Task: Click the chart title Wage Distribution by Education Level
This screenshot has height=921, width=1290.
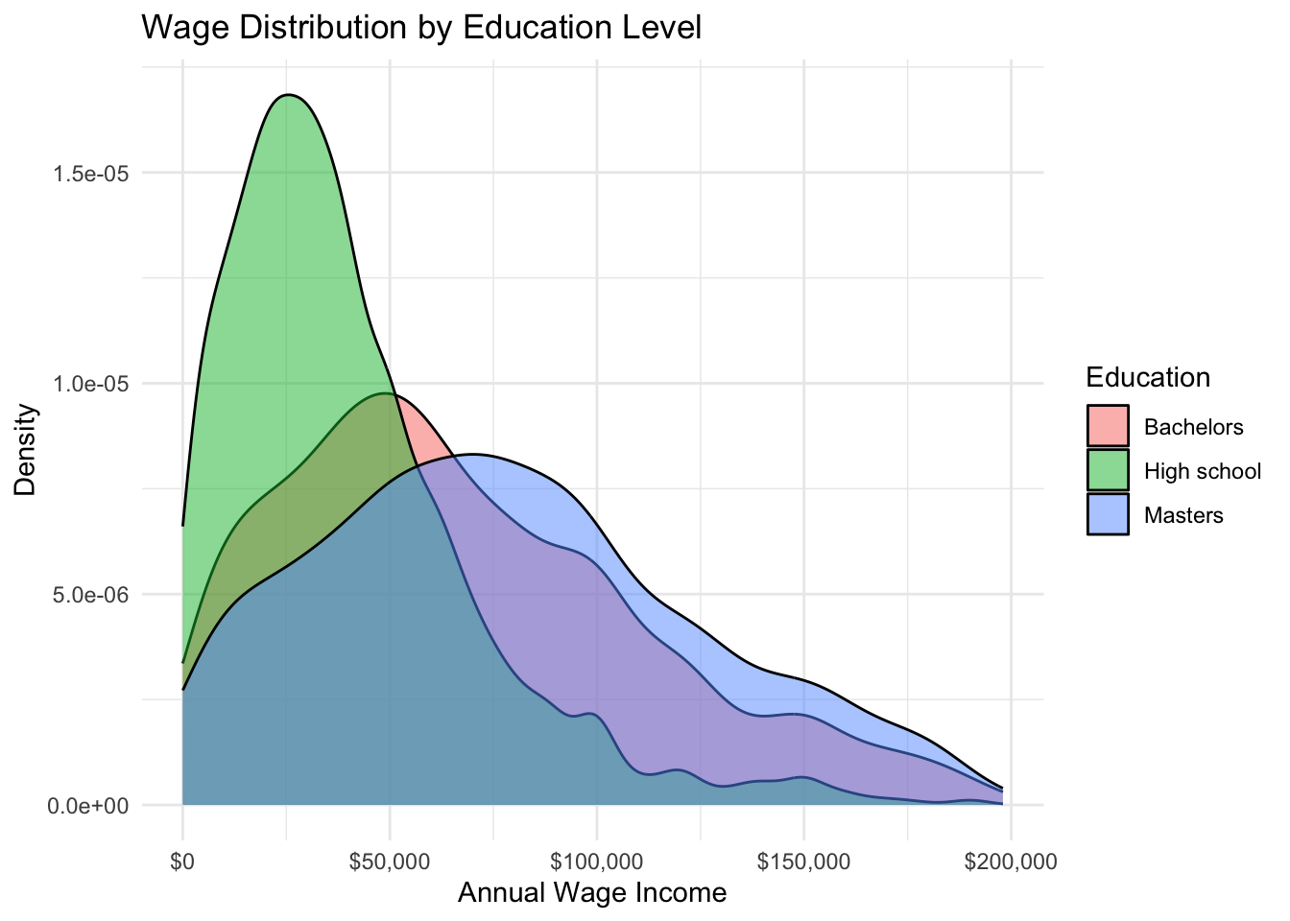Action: tap(421, 27)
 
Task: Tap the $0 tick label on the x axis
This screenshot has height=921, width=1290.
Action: tap(182, 861)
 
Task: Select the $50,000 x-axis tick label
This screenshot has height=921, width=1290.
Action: tap(390, 861)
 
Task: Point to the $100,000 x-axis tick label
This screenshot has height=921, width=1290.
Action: tap(597, 861)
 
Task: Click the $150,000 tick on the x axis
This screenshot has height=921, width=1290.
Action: tap(804, 861)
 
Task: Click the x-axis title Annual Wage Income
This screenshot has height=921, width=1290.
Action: tap(592, 893)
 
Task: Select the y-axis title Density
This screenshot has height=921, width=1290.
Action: tap(26, 449)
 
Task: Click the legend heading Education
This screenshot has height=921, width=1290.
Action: tap(1148, 377)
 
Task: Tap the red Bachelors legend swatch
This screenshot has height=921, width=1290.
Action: tap(1108, 426)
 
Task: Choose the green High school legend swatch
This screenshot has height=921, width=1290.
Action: tap(1108, 470)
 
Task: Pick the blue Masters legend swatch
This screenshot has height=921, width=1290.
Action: tap(1108, 514)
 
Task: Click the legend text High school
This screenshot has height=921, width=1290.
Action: tap(1203, 471)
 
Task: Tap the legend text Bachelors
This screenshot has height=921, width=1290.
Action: tap(1194, 427)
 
